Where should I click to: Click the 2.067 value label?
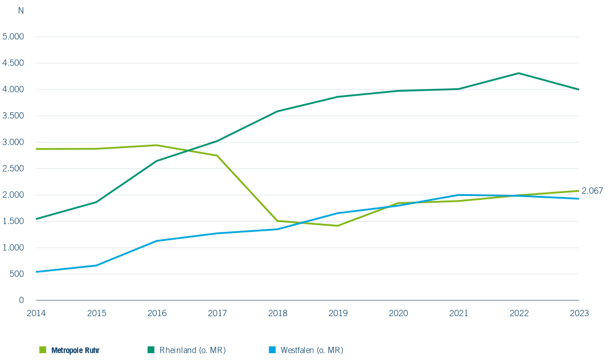[592, 191]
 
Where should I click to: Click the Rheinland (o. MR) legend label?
[192, 350]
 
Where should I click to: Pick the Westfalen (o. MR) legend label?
[312, 350]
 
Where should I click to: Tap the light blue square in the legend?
[272, 350]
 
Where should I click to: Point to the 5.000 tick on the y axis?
[13, 36]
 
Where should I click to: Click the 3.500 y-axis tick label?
[13, 116]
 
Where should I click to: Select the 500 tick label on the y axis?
[17, 274]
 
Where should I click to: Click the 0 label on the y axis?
[22, 300]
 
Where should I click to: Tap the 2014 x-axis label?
[36, 313]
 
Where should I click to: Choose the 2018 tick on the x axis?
[278, 313]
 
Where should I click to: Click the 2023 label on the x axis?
[579, 313]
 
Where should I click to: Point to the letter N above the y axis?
[21, 11]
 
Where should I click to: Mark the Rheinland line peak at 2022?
[519, 73]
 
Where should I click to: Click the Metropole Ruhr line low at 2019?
[338, 226]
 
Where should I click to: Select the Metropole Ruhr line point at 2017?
[217, 156]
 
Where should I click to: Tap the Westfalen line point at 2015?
[96, 265]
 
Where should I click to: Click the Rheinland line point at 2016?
[157, 161]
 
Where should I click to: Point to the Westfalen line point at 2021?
[458, 195]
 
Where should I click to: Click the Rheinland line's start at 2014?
[36, 219]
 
